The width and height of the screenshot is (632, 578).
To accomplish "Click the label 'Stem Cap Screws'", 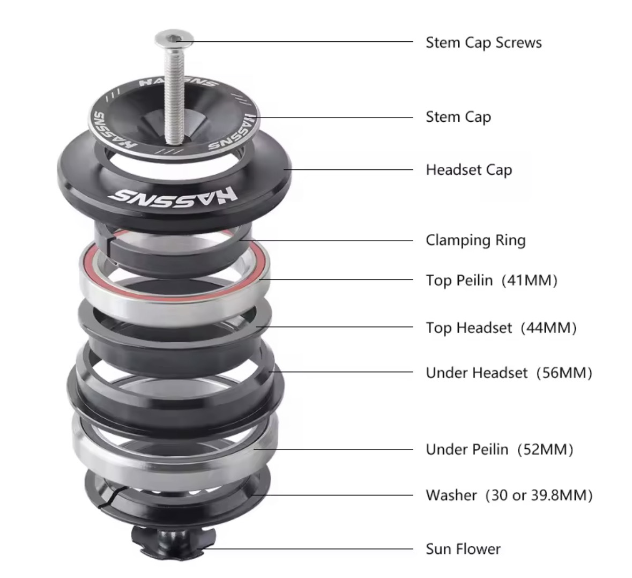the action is pos(484,43).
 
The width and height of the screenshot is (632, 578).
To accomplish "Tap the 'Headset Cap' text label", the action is pos(469,169).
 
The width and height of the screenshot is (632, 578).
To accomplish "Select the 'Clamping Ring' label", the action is pos(475,240).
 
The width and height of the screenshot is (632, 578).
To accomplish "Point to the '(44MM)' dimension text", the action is pos(548,328).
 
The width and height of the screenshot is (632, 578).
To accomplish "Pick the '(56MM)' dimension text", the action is pos(564,373).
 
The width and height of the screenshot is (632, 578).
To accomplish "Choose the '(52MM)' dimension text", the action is pos(545,449).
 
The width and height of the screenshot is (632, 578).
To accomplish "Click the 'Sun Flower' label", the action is pos(463,549).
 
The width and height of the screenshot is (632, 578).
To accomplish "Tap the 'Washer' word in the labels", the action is pos(451,495).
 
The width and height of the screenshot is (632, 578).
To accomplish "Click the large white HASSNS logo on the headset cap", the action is pos(173,196).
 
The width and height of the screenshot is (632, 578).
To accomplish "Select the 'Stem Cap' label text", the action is pos(458,117).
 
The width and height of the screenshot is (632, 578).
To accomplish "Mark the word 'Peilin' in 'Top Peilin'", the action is pos(474,280).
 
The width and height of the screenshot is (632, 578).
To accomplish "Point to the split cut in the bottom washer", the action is pos(114,497).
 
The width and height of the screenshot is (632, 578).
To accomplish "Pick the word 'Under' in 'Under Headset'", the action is pos(444,373).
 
